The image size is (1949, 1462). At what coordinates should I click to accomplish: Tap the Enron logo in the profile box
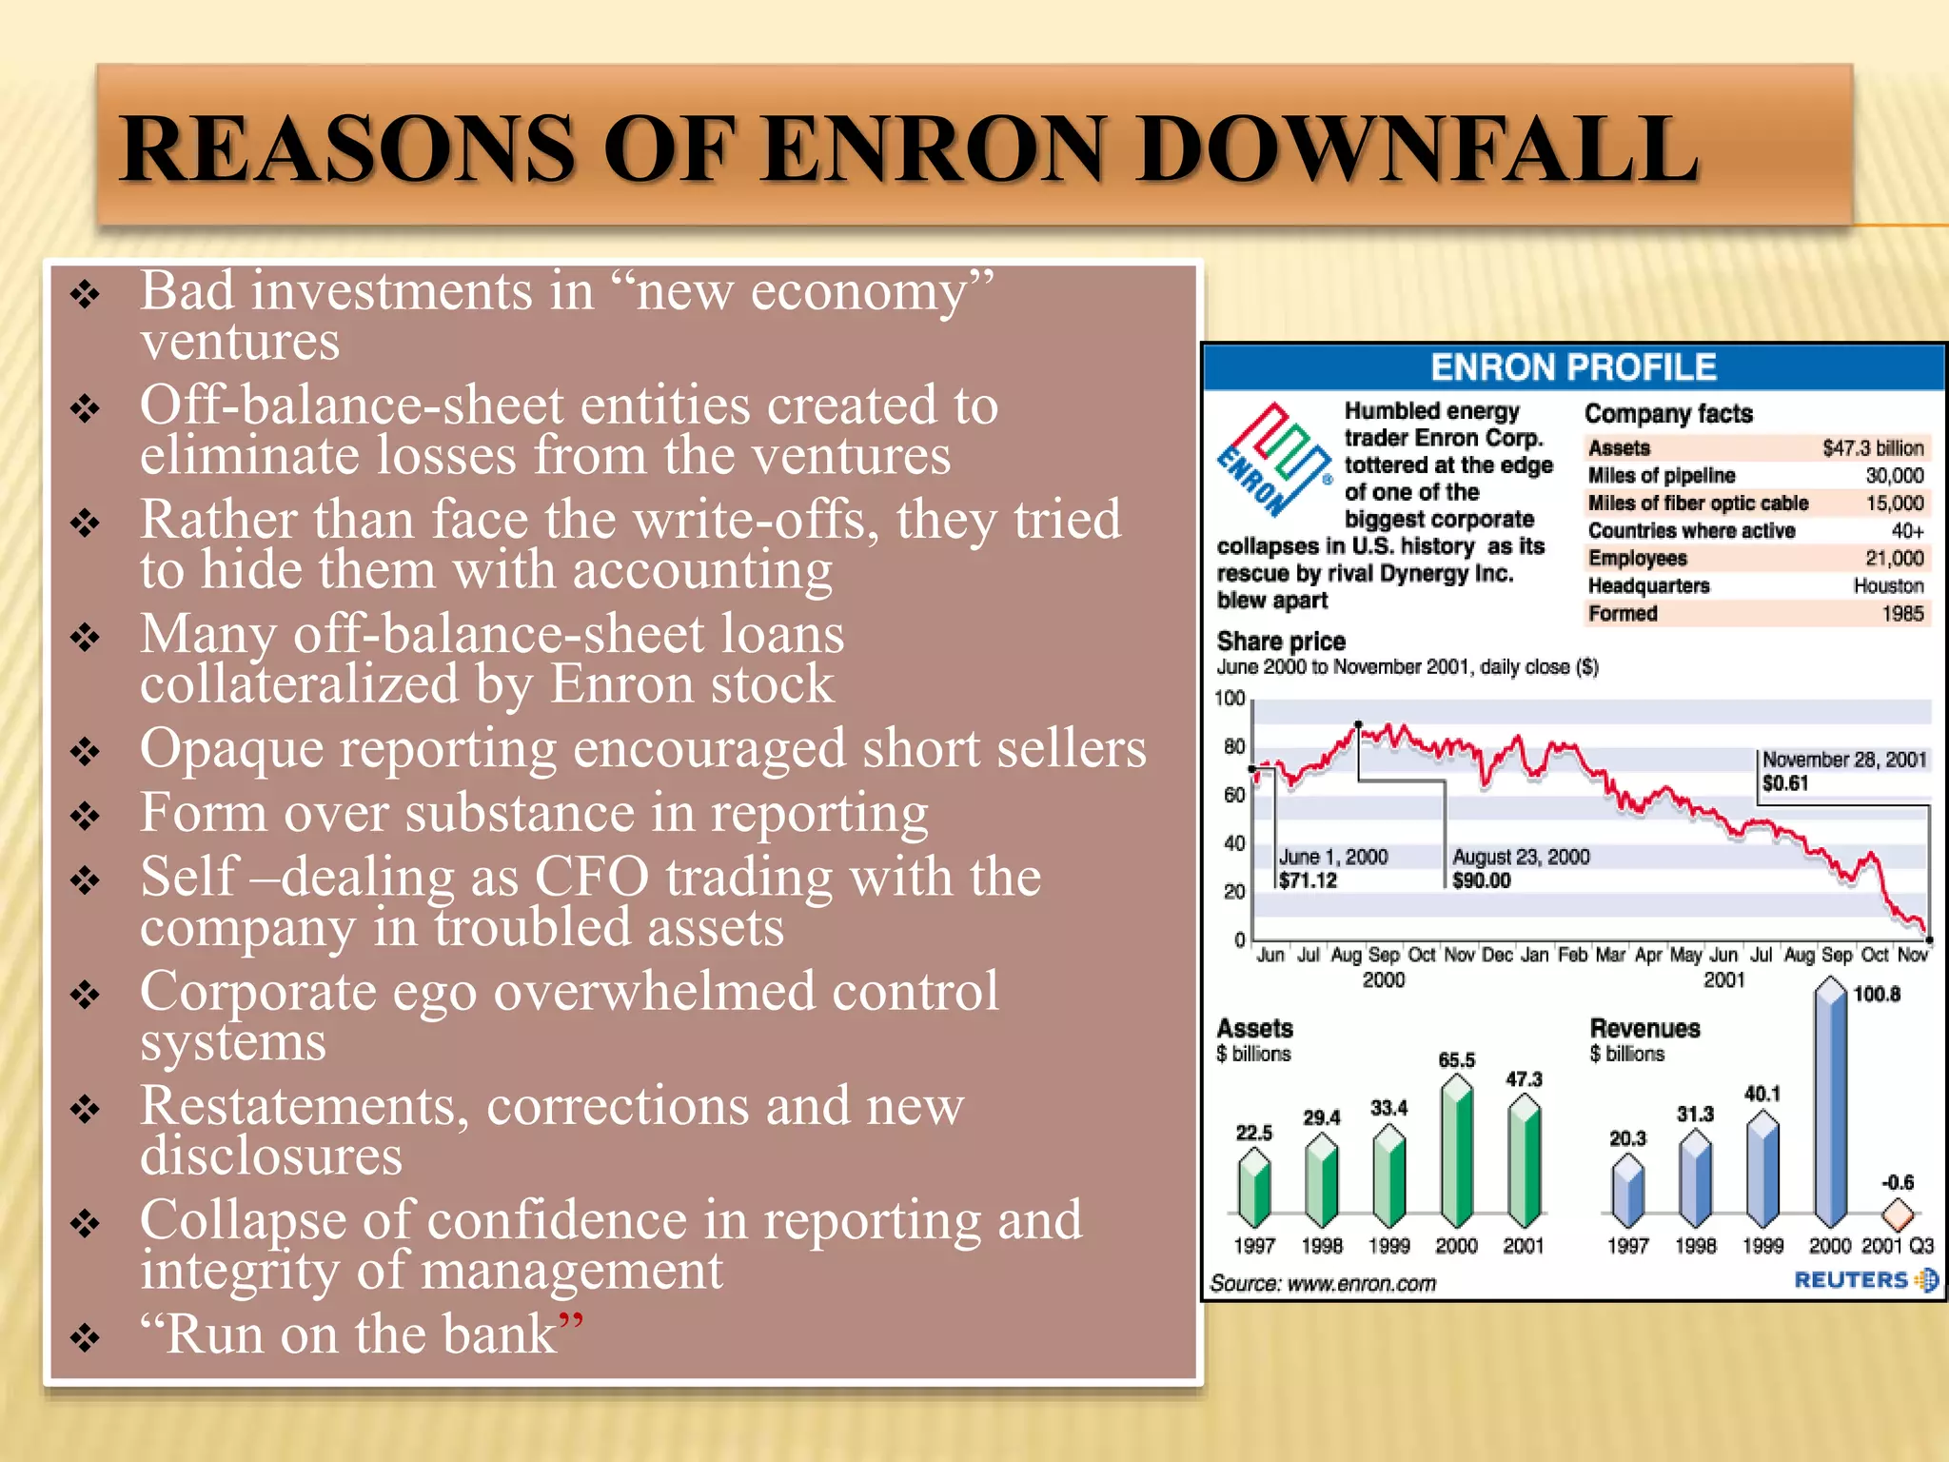pyautogui.click(x=1274, y=460)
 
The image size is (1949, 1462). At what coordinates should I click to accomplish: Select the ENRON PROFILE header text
pyautogui.click(x=1573, y=367)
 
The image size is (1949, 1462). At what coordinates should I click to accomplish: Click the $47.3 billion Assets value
pyautogui.click(x=1872, y=448)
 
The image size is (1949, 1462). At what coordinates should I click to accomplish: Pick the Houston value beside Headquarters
pyautogui.click(x=1888, y=586)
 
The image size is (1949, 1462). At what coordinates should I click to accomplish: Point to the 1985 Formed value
pyautogui.click(x=1902, y=614)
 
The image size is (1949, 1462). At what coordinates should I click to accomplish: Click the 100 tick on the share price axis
pyautogui.click(x=1230, y=699)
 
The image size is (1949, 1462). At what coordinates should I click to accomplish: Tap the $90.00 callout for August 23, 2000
pyautogui.click(x=1481, y=880)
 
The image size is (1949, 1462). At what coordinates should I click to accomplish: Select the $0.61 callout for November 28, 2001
pyautogui.click(x=1785, y=783)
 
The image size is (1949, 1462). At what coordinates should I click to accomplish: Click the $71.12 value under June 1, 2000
pyautogui.click(x=1308, y=880)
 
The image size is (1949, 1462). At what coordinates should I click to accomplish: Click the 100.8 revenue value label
pyautogui.click(x=1877, y=995)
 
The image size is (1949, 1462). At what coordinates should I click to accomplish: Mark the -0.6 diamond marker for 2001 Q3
pyautogui.click(x=1898, y=1214)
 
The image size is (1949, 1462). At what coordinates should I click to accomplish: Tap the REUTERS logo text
pyautogui.click(x=1852, y=1280)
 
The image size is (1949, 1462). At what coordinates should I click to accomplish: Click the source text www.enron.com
pyautogui.click(x=1362, y=1284)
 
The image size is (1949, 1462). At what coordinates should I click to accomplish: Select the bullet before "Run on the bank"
pyautogui.click(x=86, y=1336)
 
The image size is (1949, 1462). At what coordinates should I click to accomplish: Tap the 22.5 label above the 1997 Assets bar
pyautogui.click(x=1254, y=1133)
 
